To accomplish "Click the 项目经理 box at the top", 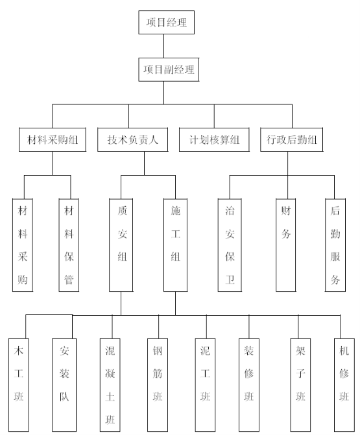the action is [x=166, y=23].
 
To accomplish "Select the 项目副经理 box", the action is [x=169, y=69].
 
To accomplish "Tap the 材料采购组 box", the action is [x=52, y=139].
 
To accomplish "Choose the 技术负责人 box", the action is [x=133, y=139].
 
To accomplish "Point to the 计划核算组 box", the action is [x=214, y=139].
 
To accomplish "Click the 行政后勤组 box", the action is [x=291, y=139].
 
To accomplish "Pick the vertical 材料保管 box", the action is [x=69, y=245].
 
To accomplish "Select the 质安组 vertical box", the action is [x=121, y=245].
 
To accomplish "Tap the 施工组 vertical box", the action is [x=175, y=245].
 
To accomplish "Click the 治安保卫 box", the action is [x=230, y=245].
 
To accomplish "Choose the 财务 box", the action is [x=286, y=245].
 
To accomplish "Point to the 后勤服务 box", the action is [x=335, y=245].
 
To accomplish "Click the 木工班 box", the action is [x=19, y=385].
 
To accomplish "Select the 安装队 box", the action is [x=64, y=385].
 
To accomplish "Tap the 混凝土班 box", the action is [x=110, y=385].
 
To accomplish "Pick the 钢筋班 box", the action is [x=158, y=385].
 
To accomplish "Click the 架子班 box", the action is [x=300, y=385].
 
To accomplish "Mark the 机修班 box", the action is [x=344, y=385].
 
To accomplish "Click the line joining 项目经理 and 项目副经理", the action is [x=163, y=46].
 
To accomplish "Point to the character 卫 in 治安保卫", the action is [x=230, y=279].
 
